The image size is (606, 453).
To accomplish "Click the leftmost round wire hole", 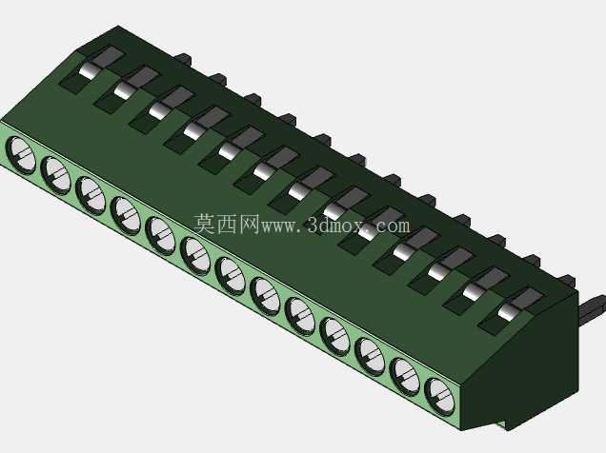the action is pyautogui.click(x=21, y=156).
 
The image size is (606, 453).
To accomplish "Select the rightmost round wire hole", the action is pyautogui.click(x=440, y=396).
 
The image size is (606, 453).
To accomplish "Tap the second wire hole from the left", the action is pyautogui.click(x=56, y=175).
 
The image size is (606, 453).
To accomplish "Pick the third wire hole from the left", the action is pyautogui.click(x=91, y=196).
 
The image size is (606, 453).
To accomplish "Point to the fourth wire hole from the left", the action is pyautogui.click(x=126, y=216).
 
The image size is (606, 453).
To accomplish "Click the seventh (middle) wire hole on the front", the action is pyautogui.click(x=231, y=276).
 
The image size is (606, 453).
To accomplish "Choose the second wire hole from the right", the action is pyautogui.click(x=405, y=376).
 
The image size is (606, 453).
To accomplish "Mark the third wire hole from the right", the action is pyautogui.click(x=370, y=356).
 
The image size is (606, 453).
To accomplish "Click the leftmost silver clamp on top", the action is pyautogui.click(x=88, y=71).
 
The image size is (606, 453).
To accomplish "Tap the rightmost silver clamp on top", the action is pyautogui.click(x=507, y=312).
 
